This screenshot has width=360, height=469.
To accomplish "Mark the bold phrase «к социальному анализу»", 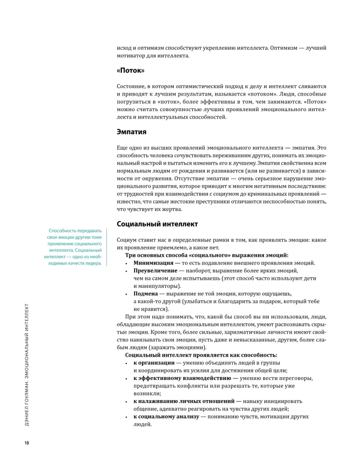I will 163,416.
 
